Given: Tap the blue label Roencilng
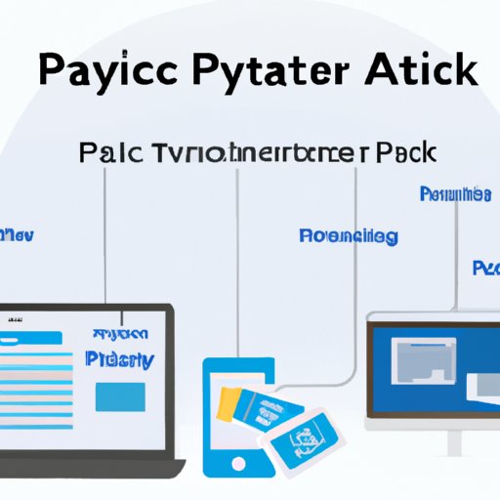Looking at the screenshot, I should click(x=348, y=236).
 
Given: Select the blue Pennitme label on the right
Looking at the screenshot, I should click(x=454, y=193).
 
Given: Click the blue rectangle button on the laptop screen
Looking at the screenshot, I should click(x=120, y=396).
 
